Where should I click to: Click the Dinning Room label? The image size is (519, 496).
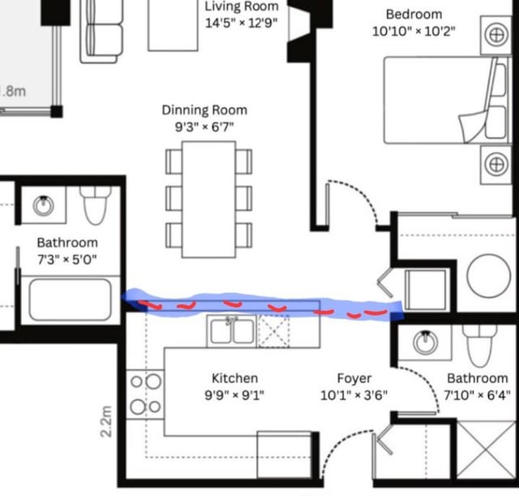click(204, 110)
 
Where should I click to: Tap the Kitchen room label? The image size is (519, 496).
click(234, 378)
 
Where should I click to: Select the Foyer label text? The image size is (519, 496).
click(354, 378)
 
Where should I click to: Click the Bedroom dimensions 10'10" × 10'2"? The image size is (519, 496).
click(414, 32)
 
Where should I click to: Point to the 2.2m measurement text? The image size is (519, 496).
click(106, 421)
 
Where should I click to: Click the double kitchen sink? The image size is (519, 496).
click(232, 331)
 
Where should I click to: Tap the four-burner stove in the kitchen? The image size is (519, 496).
click(145, 394)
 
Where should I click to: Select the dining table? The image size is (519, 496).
click(209, 200)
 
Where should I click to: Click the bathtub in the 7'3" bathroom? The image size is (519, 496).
click(71, 300)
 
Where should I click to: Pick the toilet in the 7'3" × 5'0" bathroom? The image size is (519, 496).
click(96, 205)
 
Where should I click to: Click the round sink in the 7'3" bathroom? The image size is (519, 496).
click(43, 205)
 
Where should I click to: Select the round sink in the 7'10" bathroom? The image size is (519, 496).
click(425, 342)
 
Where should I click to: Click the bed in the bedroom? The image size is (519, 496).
click(448, 100)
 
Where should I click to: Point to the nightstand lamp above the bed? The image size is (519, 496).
click(496, 35)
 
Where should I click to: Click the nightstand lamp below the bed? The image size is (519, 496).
click(496, 165)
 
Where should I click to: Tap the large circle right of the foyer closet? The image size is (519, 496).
click(488, 276)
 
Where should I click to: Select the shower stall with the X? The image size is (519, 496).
click(486, 450)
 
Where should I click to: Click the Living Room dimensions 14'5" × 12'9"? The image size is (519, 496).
click(242, 23)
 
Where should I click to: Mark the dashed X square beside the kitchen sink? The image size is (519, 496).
click(273, 331)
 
